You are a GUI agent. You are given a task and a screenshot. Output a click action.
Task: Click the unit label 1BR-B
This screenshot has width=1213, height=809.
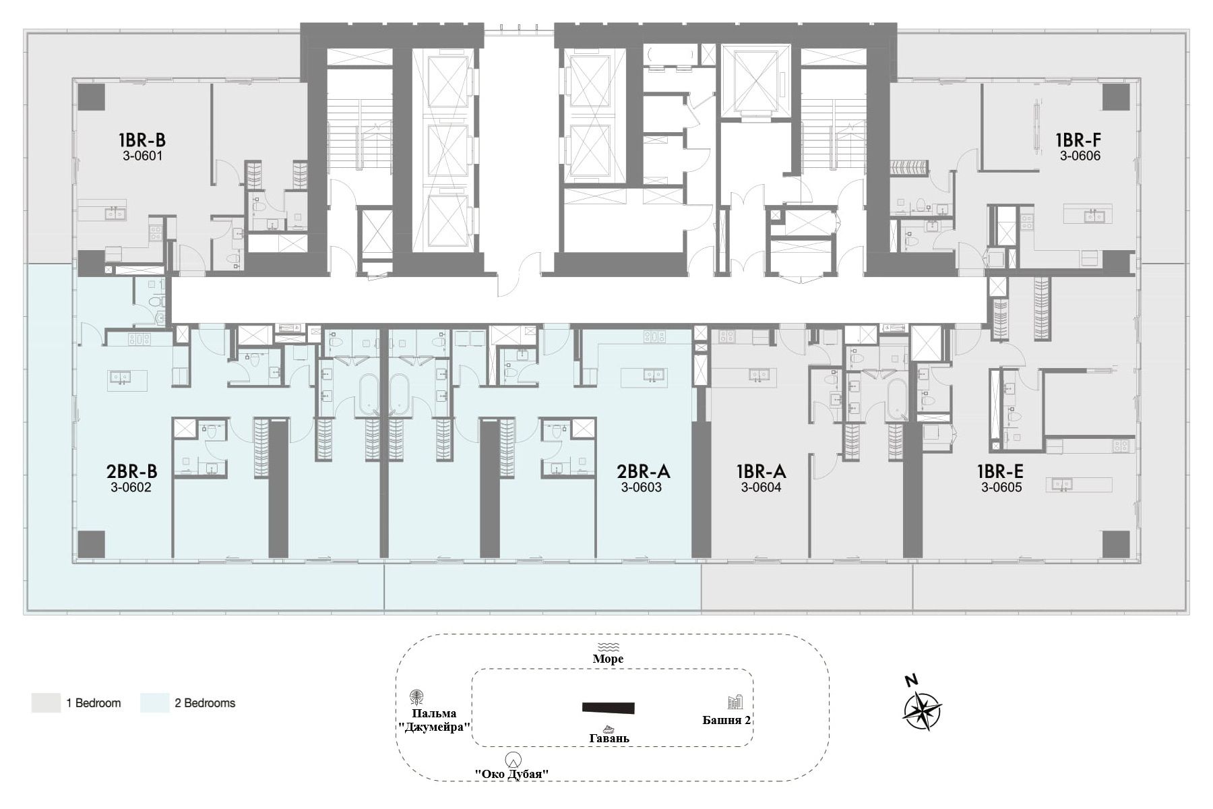pos(142,140)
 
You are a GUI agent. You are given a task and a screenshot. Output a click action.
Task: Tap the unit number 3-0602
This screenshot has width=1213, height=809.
pos(131,487)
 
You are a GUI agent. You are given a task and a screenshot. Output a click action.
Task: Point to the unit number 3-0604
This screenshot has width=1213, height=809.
pos(761,487)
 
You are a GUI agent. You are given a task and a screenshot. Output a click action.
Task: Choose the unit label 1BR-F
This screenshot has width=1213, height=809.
pos(1078,140)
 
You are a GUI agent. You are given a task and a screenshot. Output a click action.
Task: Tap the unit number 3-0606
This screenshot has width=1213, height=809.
pos(1080,156)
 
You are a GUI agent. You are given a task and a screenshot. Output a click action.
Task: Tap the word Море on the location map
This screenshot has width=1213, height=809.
pos(608,659)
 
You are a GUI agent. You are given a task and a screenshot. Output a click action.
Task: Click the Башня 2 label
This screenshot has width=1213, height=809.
pos(727,720)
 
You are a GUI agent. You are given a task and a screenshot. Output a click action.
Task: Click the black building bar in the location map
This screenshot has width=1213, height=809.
pos(609,707)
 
